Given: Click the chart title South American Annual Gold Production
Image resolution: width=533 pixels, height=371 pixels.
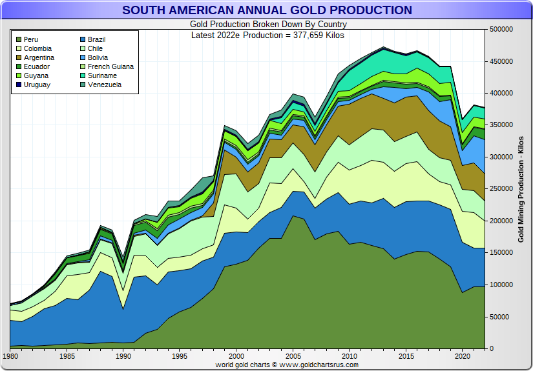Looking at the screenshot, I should (267, 10).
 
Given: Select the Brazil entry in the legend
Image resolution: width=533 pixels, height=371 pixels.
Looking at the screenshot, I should (96, 40).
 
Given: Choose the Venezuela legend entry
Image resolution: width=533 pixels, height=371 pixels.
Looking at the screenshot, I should (104, 85).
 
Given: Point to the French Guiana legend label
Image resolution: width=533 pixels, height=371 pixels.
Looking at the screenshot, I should (110, 67).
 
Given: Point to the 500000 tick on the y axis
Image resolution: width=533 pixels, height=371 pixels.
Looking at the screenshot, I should (503, 30).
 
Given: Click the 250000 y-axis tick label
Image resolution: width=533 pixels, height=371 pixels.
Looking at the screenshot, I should (503, 189).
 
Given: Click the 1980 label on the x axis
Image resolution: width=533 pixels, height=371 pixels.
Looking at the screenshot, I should (10, 356).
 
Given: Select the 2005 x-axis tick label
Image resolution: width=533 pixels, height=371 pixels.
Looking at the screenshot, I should (294, 356).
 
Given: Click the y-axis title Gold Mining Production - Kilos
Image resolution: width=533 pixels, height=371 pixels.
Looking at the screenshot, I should (521, 189).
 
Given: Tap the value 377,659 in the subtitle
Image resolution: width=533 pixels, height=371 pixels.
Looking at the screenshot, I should (307, 35).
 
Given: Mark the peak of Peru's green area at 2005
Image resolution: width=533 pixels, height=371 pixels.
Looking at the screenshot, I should (294, 216).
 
